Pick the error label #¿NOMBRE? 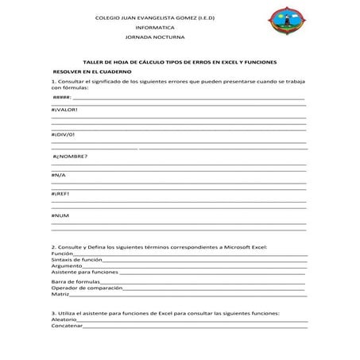[69, 156]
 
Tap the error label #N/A [59, 175]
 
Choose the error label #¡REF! [61, 193]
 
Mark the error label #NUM [60, 215]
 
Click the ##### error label [62, 95]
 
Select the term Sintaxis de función [76, 260]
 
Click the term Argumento [67, 266]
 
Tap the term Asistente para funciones [84, 273]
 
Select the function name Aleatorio [64, 319]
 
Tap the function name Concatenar [67, 326]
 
